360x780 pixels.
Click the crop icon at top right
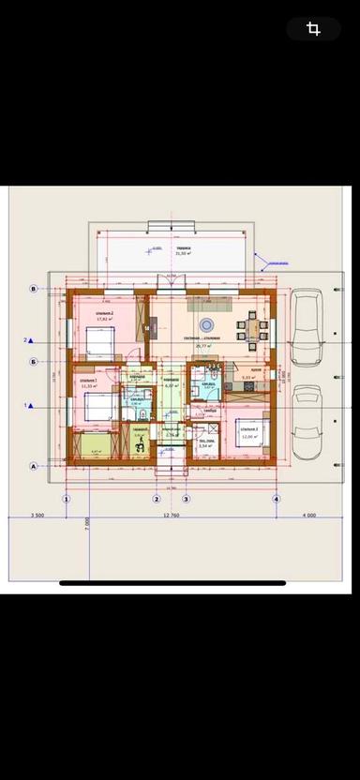click(x=313, y=29)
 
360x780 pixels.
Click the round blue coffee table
click(x=208, y=325)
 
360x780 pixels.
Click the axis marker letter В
click(x=34, y=289)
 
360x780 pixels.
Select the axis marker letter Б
click(x=34, y=361)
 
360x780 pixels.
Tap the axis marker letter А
click(x=34, y=465)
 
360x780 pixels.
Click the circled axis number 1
click(x=67, y=500)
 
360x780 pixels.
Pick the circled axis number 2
click(x=157, y=500)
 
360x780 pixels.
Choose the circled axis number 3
click(x=186, y=500)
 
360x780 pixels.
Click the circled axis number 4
click(x=277, y=500)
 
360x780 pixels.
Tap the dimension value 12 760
click(x=170, y=516)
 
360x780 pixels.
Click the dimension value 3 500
click(x=37, y=516)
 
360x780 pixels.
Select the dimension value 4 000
click(x=308, y=516)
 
